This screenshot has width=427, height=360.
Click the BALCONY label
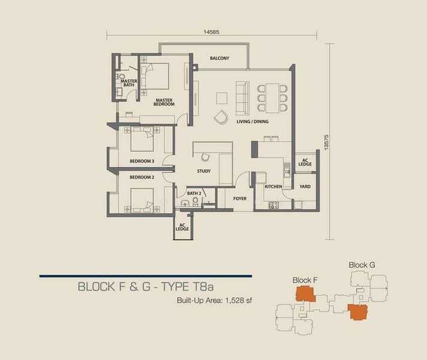(219, 58)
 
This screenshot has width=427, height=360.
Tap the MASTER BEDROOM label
(164, 102)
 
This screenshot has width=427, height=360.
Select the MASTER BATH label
(129, 83)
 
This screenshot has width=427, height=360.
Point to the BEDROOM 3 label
(142, 161)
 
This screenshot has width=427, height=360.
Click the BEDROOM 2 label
(142, 177)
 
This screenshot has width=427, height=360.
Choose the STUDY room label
(204, 172)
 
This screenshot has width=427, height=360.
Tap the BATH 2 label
(193, 193)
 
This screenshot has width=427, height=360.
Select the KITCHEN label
(273, 187)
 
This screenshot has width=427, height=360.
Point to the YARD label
(305, 187)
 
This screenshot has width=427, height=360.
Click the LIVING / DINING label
(252, 122)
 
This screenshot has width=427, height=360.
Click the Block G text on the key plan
(362, 265)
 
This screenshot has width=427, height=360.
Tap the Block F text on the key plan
(305, 280)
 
